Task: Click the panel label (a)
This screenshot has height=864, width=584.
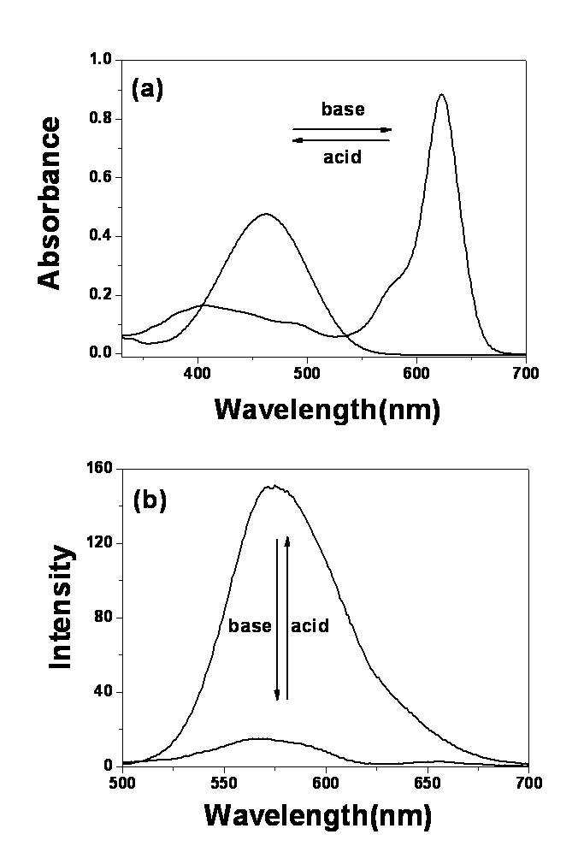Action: [147, 90]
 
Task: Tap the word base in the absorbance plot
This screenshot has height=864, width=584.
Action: [343, 109]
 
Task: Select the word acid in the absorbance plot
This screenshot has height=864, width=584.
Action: [342, 157]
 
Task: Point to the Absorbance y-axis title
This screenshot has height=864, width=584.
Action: [50, 204]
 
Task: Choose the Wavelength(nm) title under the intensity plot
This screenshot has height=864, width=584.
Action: [317, 815]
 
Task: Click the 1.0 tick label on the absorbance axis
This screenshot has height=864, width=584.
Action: [100, 60]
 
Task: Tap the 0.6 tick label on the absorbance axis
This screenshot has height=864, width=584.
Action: [100, 177]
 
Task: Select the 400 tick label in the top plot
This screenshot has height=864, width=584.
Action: [198, 373]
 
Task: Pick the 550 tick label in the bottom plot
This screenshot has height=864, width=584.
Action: [224, 783]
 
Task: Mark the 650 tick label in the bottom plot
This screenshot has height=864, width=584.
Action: [427, 783]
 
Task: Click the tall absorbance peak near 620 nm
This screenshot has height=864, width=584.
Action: [441, 95]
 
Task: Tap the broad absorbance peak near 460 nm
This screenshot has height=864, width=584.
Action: [266, 214]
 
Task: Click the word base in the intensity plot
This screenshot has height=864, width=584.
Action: [250, 626]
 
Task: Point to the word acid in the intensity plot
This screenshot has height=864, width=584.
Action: [310, 626]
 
